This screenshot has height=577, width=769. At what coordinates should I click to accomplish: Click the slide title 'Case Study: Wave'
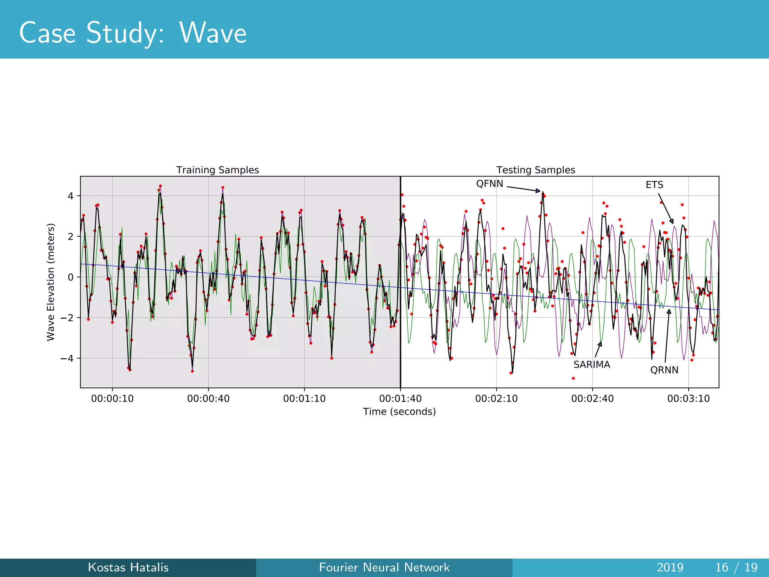(x=133, y=33)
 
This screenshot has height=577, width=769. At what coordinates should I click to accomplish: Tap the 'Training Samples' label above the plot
(x=217, y=170)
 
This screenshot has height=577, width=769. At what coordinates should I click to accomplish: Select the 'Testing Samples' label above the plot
(x=535, y=170)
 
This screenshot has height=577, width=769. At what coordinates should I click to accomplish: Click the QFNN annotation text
(x=489, y=184)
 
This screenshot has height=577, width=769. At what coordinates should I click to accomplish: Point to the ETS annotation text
(x=654, y=185)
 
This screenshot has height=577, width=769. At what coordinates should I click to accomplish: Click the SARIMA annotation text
(x=591, y=365)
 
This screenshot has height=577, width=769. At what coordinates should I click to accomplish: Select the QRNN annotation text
(x=664, y=370)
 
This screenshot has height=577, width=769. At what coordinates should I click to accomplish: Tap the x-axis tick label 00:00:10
(x=112, y=399)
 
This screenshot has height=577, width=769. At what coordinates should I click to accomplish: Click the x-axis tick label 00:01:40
(x=400, y=399)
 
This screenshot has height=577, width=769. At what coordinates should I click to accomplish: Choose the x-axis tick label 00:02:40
(x=592, y=399)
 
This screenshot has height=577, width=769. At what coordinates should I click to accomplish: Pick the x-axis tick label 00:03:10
(x=688, y=399)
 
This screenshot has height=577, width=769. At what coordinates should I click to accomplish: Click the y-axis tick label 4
(x=71, y=196)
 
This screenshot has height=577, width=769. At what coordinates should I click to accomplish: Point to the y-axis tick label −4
(x=67, y=358)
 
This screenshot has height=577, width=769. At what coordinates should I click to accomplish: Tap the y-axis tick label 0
(x=71, y=277)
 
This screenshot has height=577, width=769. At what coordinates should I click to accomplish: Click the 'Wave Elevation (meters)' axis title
(x=51, y=282)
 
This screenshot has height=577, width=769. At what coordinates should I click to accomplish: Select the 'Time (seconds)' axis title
(x=399, y=412)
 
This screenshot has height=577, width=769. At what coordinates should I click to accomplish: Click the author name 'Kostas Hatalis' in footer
(x=128, y=567)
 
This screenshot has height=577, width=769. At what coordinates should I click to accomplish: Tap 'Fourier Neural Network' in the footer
(x=384, y=567)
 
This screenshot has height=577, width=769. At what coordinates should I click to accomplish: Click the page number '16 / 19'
(x=736, y=567)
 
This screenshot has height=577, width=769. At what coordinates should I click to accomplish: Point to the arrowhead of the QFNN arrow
(x=538, y=191)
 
